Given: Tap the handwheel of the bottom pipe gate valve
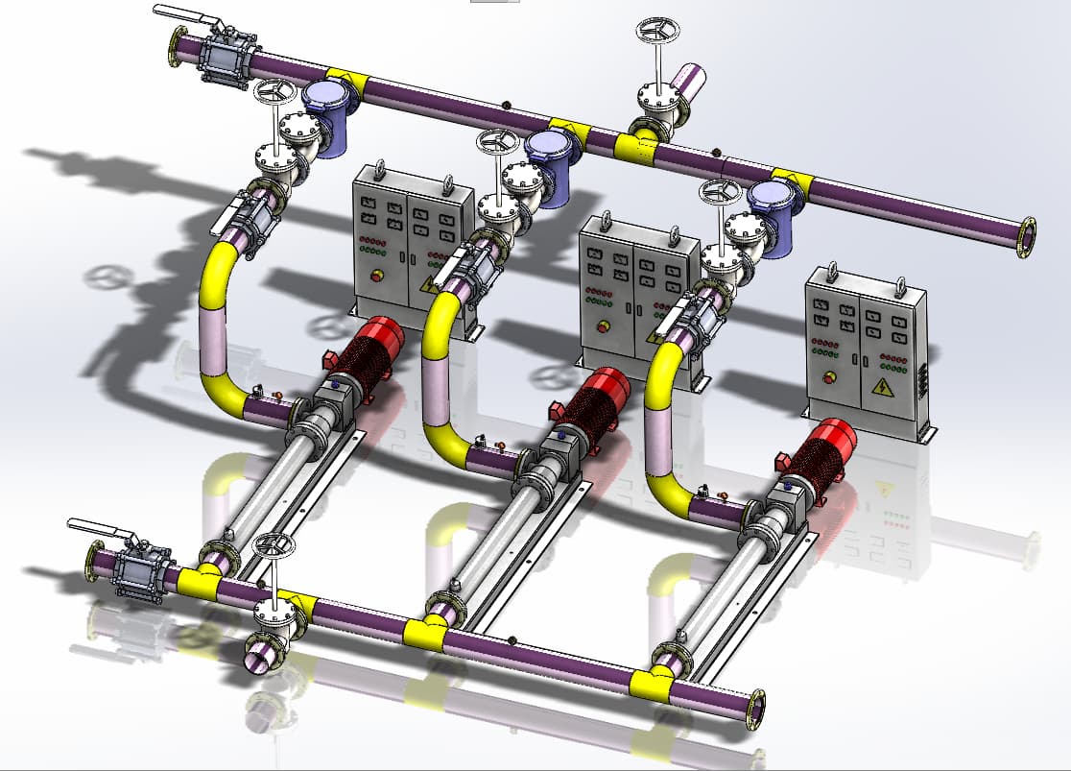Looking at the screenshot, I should [x=274, y=544].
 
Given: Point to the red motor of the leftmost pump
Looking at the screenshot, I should [x=375, y=345].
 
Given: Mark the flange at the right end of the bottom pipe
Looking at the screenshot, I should [x=757, y=709].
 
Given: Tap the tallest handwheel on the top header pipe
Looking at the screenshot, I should [x=657, y=30].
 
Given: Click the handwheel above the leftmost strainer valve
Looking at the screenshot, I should [x=275, y=92].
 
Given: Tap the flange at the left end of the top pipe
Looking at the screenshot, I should [x=177, y=47].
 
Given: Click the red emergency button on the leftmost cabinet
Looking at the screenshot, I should [x=377, y=276].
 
